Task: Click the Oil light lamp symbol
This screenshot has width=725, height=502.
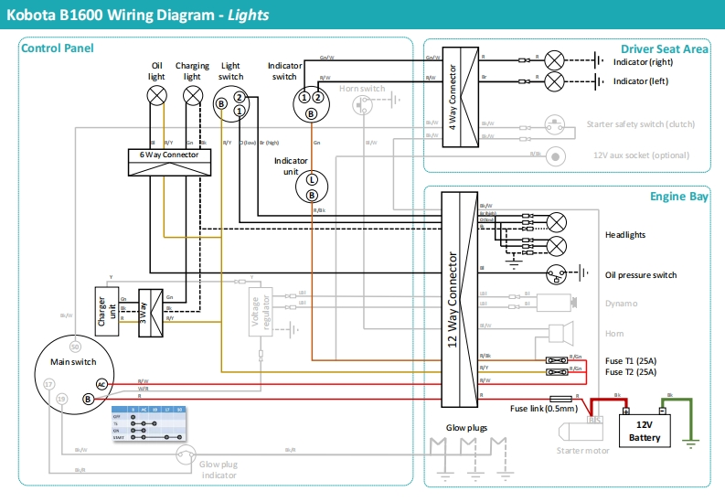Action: [x=157, y=94]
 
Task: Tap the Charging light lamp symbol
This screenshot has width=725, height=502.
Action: [x=192, y=94]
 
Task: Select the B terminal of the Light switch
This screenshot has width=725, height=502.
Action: [x=220, y=104]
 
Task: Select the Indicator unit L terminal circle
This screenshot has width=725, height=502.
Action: [x=311, y=180]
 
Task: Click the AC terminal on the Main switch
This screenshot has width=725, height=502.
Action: [x=102, y=384]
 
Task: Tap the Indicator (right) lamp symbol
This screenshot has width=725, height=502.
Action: [x=553, y=61]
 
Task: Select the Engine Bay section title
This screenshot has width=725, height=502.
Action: [x=679, y=196]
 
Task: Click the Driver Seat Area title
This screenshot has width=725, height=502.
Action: [x=664, y=48]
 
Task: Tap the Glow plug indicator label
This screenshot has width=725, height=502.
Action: [x=219, y=469]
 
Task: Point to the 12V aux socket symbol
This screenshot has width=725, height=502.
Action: [x=554, y=155]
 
